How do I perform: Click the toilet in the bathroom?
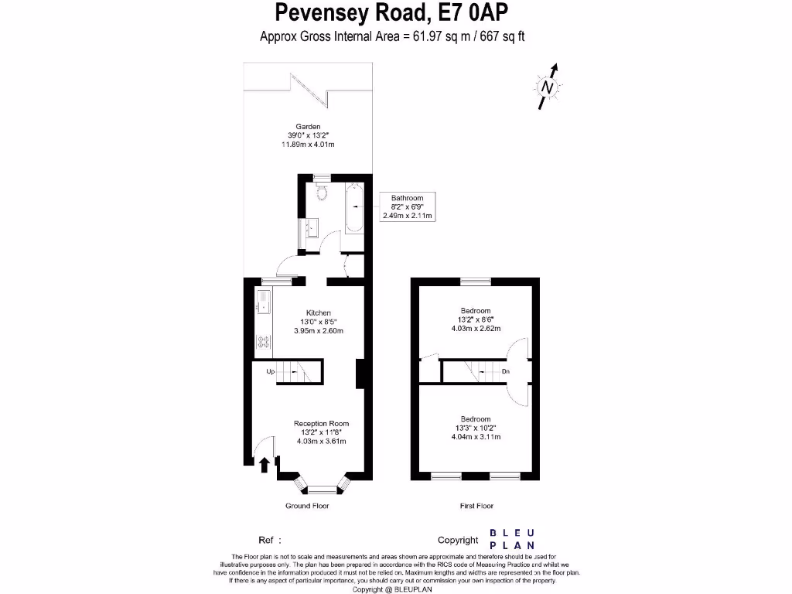coord(323,193)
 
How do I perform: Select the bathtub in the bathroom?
coord(355,210)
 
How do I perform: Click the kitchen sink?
coord(262,302)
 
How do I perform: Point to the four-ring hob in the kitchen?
coord(262,340)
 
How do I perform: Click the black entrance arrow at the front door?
coord(265,464)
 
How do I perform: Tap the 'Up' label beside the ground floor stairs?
coord(271,372)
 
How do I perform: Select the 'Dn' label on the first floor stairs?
coord(506,372)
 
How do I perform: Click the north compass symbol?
coord(548,87)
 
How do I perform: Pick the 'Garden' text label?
coord(308,127)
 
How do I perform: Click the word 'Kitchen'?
coord(318,313)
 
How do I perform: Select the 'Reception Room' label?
coord(321,423)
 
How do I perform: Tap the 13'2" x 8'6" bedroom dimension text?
coord(476,319)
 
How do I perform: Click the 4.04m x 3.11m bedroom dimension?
coord(476,437)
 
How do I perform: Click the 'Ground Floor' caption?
coord(308,506)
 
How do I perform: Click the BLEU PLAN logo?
coord(512,540)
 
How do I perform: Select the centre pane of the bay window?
coord(321,488)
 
